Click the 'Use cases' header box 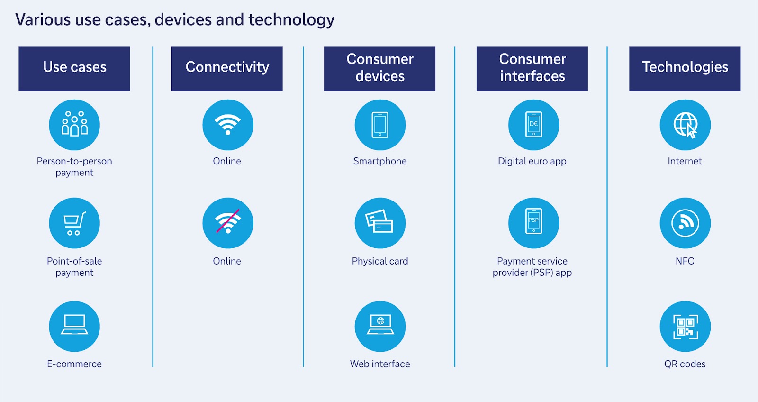point(74,69)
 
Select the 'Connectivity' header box point(227,69)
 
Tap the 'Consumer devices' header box point(379,69)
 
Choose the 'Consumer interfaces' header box point(532,69)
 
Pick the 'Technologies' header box point(685,69)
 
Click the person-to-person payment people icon point(74,125)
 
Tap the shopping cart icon point(74,223)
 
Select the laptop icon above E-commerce point(74,327)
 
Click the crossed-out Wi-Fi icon point(228,223)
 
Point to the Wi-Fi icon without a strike point(228,125)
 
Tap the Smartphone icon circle point(380,125)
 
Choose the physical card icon point(380,223)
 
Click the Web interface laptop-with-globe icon point(380,327)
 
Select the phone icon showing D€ point(533,125)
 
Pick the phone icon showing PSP point(533,223)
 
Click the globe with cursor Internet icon point(685,125)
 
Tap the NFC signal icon point(685,223)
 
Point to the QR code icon point(685,327)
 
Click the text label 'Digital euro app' point(532,161)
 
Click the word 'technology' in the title point(291,20)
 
